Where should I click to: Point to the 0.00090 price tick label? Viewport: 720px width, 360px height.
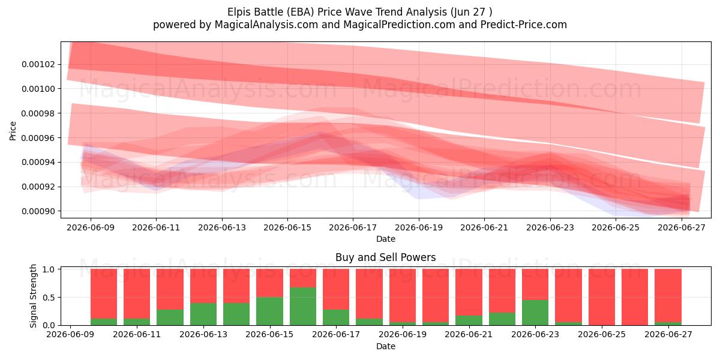pos(38,211)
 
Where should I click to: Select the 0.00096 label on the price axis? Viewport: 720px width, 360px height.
pos(38,138)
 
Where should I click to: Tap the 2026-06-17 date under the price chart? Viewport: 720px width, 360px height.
pos(353,227)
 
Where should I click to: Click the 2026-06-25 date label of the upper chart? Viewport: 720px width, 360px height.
pos(616,227)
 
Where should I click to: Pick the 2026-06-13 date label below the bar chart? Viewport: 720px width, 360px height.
pos(203,334)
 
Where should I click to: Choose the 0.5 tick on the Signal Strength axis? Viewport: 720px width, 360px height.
pos(49,298)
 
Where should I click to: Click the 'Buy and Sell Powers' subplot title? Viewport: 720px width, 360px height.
pos(385,257)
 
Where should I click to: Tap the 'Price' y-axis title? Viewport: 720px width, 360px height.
pos(13,131)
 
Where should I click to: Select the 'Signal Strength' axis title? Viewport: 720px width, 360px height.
pos(33,296)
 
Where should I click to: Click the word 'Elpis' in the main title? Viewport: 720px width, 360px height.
pos(239,12)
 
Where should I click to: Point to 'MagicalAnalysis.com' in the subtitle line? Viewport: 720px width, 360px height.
pos(266,25)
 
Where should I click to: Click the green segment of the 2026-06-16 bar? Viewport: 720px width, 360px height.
pos(303,306)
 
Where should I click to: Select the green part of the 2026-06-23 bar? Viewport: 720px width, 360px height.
pos(535,313)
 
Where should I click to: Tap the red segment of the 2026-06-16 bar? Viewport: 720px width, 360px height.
pos(303,278)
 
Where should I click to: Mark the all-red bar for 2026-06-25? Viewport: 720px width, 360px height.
pos(602,297)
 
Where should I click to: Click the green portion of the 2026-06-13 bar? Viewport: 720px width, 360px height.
pos(203,314)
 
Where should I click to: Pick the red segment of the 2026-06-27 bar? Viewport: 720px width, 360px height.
pos(668,295)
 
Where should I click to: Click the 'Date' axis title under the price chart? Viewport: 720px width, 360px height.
pos(386,239)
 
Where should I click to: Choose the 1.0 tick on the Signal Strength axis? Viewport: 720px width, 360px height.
pos(49,269)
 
